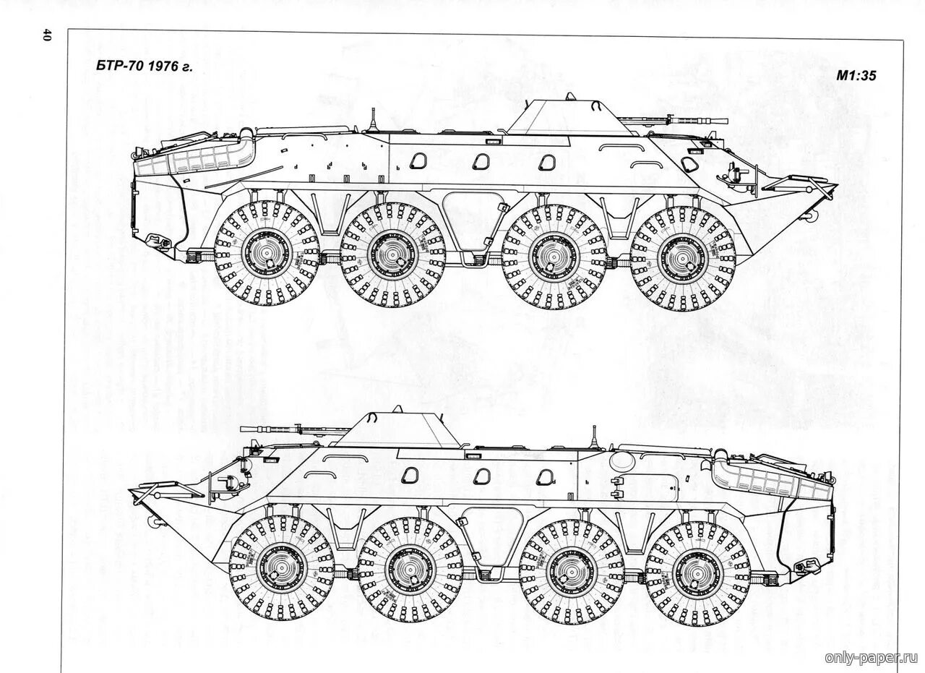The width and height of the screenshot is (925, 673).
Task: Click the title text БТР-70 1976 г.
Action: (145, 67)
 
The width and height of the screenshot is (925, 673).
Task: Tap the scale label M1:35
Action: (856, 75)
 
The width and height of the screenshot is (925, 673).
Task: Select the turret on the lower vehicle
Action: (397, 431)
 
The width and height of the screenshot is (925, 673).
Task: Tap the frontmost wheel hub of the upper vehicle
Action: (683, 258)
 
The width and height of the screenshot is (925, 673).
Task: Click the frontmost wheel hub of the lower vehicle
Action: (282, 567)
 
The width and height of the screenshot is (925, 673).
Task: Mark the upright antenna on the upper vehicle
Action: (373, 119)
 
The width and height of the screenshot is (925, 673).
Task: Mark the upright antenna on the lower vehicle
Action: (594, 437)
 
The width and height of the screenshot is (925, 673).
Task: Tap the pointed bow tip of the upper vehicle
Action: (836, 187)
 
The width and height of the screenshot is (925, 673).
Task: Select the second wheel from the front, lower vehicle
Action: (410, 570)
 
